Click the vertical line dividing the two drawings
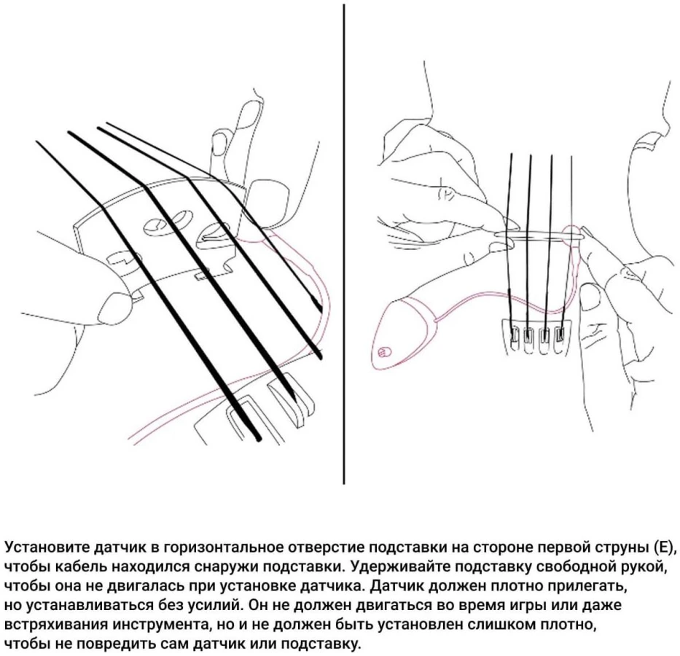pos(344,243)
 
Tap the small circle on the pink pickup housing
pos(383,352)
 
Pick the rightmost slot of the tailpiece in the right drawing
pos(560,335)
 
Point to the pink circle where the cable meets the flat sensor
pos(572,233)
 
